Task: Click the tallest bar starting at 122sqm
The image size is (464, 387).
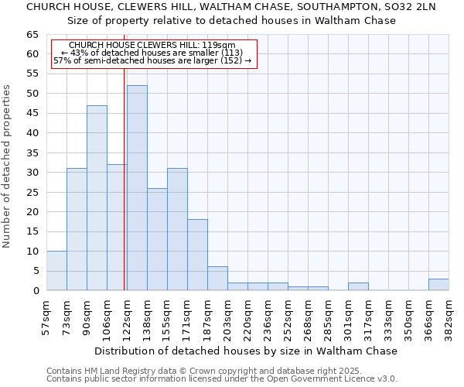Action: tap(137, 188)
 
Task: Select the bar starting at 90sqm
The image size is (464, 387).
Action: tap(97, 197)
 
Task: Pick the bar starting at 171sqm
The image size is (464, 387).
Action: tap(197, 255)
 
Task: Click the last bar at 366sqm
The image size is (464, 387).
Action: tap(438, 285)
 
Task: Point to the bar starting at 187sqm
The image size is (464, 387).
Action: tap(217, 279)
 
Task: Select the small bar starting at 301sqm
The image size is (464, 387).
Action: tap(358, 287)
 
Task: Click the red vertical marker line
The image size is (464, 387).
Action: tap(124, 178)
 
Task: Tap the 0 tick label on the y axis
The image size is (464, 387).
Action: tap(36, 291)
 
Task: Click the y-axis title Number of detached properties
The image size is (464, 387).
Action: tap(7, 166)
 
